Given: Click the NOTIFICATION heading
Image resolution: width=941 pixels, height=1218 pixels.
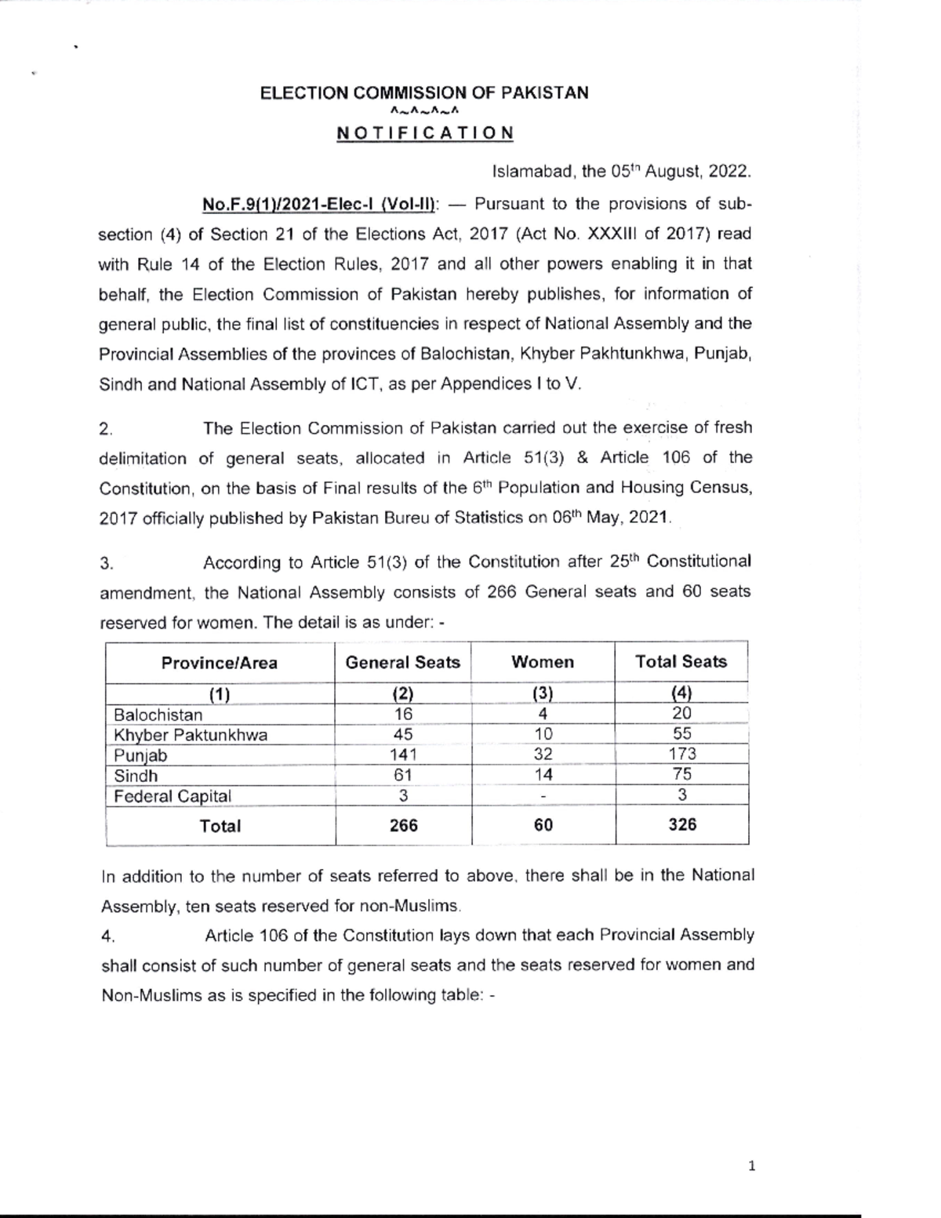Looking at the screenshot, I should coord(425,133).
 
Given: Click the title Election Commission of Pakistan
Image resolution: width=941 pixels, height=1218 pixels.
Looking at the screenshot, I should coord(424,93).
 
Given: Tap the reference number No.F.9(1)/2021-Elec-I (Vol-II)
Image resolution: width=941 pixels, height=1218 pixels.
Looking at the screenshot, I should coord(319,205).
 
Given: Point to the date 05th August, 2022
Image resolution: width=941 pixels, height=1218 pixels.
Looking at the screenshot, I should coord(666,172).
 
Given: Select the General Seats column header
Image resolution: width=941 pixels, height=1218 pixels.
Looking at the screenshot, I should coord(402,663).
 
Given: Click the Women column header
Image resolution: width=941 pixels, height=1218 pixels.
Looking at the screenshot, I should coord(543,663).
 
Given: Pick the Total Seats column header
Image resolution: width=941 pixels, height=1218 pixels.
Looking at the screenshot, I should coord(681,662).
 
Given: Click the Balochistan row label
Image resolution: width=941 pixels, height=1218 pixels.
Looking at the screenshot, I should coord(158,715).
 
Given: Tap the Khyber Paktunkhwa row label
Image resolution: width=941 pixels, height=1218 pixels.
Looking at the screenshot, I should coord(191,736).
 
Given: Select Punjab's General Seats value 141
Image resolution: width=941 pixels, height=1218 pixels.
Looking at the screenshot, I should coord(403,755).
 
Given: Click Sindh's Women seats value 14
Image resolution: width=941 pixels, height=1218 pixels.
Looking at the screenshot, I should coord(543,776).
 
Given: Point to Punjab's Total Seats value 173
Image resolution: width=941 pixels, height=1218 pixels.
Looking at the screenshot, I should coord(682,754).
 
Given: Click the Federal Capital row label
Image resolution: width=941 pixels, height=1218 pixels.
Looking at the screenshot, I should coord(173,797).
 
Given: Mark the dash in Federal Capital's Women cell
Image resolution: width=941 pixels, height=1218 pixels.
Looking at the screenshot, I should coord(543,797).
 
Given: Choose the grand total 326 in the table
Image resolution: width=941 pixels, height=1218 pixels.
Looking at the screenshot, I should coord(682,825).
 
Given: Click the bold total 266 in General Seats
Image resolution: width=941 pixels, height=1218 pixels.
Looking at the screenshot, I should coord(403,826).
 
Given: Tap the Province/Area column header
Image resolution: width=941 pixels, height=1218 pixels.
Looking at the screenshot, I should coord(220,664).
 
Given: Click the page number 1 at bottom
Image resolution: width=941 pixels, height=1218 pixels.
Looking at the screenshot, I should coord(752,1166).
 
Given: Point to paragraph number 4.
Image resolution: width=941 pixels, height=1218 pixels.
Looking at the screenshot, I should coord(109,936).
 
